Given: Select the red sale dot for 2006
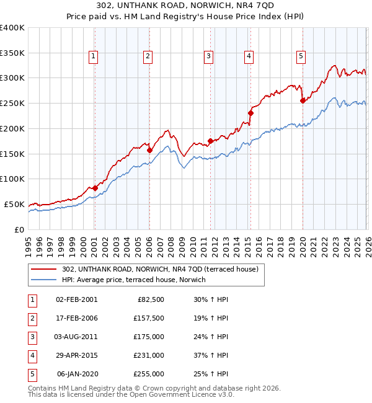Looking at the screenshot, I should click(149, 150).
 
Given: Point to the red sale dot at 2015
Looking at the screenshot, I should click(251, 113).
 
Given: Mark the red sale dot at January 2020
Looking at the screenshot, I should click(303, 100).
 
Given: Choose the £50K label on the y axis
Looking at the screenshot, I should click(15, 204).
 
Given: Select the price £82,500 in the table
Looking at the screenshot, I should click(151, 299).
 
